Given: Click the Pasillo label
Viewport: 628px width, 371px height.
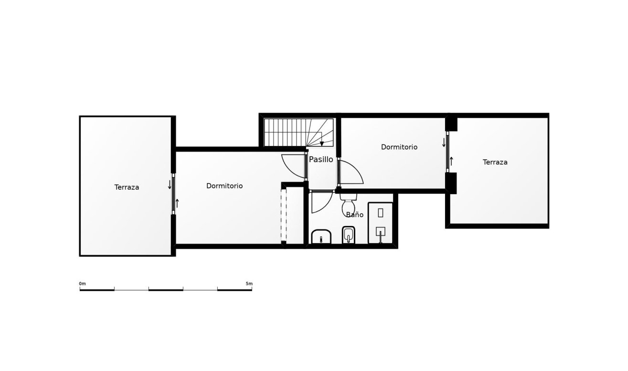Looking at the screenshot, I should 321,159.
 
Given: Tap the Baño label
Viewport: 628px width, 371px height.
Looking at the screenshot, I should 355,215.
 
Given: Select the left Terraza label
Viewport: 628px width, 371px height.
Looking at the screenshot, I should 127,187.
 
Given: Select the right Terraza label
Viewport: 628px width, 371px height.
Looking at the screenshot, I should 495,162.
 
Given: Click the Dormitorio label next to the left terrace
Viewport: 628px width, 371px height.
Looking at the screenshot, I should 224,186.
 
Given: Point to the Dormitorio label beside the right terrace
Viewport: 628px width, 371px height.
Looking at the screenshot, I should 399,147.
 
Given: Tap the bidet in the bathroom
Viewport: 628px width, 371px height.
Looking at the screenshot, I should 348,235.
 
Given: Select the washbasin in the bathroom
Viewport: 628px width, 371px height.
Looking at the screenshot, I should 321,237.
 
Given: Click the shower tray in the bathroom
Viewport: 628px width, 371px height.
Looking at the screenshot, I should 380,223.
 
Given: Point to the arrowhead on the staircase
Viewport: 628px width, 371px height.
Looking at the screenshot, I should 322,143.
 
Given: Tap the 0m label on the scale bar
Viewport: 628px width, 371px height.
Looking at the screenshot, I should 82,284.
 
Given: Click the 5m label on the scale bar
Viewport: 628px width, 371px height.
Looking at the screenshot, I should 249,284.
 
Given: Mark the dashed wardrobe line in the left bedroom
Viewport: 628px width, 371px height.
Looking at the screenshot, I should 284,216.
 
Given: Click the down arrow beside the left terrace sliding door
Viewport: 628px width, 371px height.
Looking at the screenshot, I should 170,184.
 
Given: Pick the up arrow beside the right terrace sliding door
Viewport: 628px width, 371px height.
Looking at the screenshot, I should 451,161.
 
